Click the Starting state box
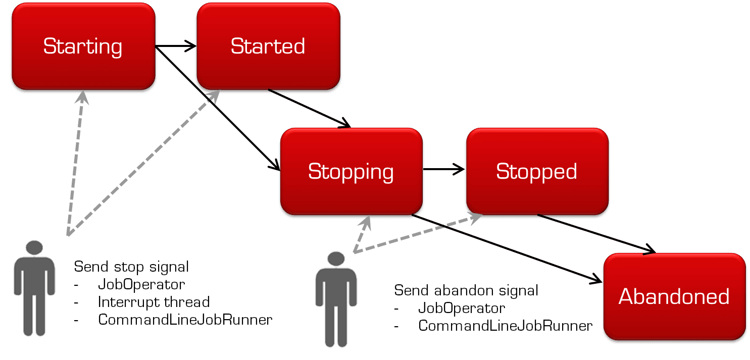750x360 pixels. click(x=83, y=47)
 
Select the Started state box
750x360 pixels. click(x=268, y=47)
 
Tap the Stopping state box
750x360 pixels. click(x=351, y=172)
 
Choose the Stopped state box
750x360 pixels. click(x=536, y=172)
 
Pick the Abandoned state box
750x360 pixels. click(x=674, y=296)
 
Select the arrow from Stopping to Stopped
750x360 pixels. click(x=444, y=170)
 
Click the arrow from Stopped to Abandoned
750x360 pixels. click(x=596, y=233)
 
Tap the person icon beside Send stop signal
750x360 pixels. click(x=34, y=288)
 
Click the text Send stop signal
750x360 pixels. click(x=131, y=267)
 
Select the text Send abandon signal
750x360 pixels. click(x=466, y=290)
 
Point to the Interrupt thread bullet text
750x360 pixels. click(x=154, y=302)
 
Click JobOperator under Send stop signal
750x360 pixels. click(x=141, y=284)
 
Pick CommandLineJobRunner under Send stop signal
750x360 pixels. click(x=185, y=320)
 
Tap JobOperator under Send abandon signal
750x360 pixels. click(x=462, y=308)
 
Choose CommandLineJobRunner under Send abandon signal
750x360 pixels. click(x=505, y=326)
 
